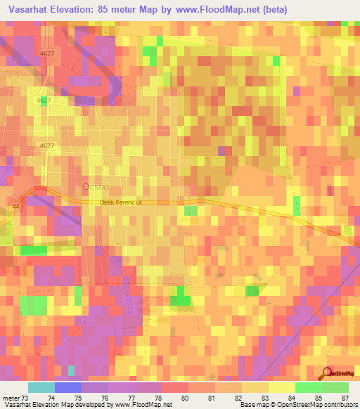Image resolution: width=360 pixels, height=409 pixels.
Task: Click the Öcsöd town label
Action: point(95,187)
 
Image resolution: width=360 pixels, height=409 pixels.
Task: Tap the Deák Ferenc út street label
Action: point(120,202)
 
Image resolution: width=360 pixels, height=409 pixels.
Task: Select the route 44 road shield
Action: point(15,206)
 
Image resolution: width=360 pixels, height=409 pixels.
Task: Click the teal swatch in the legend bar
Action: point(41,387)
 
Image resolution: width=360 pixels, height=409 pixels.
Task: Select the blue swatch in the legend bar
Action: point(68,387)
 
